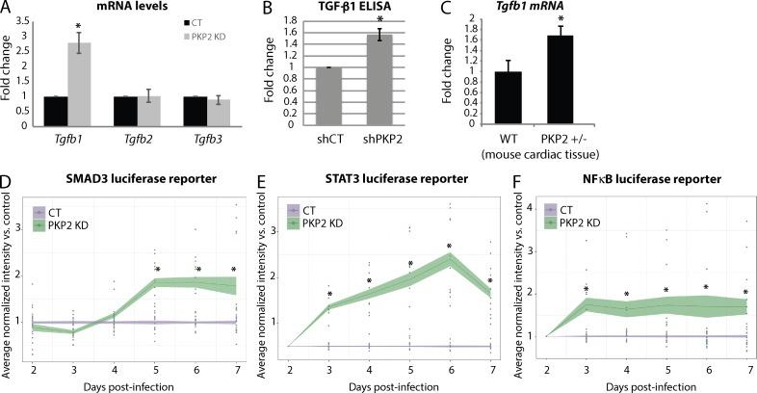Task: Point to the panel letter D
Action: pos(8,180)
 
